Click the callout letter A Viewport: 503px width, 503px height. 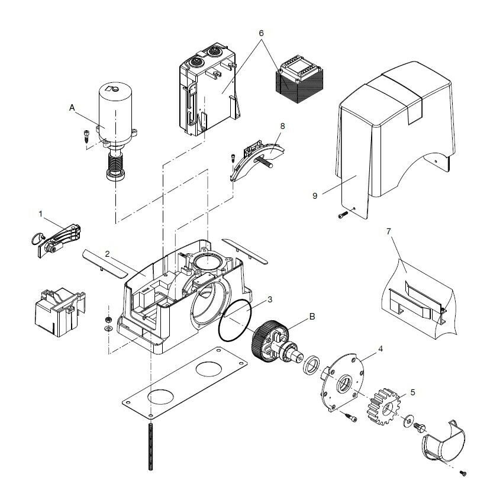tap(72, 108)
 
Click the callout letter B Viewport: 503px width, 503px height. tap(312, 316)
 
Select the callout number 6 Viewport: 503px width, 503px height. tap(260, 34)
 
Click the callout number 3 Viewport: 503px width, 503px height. tap(269, 299)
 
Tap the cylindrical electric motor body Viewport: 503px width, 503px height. tap(116, 112)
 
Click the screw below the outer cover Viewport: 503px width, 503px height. tap(341, 215)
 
